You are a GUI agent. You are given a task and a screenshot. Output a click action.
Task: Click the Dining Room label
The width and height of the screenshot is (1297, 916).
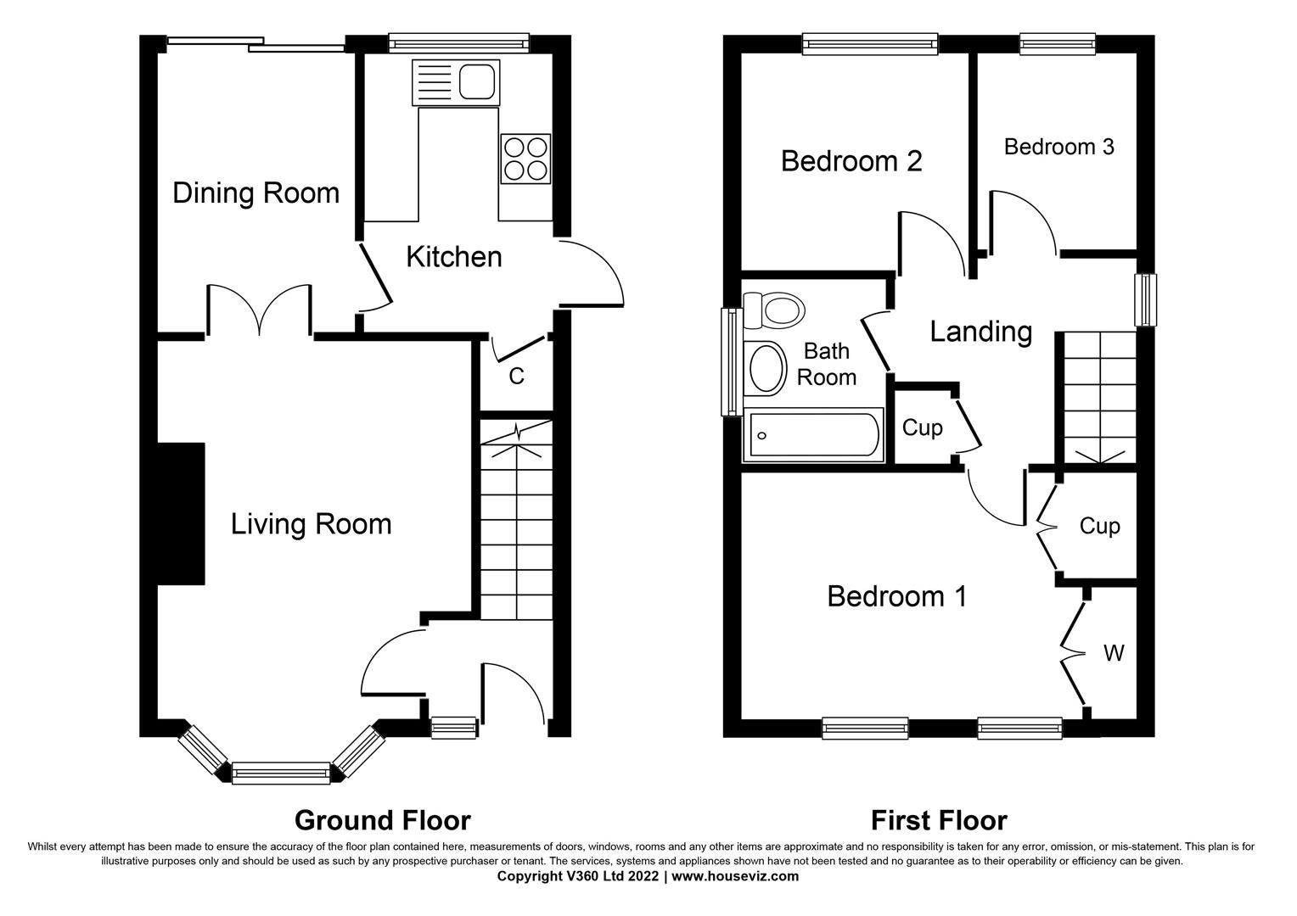[x=255, y=193]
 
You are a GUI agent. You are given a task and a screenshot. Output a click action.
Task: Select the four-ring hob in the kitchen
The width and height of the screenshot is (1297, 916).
[x=525, y=158]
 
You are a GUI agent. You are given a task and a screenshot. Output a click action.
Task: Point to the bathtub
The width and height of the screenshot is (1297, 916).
[x=813, y=437]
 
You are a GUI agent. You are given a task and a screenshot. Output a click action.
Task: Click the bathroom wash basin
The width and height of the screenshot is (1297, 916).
[x=767, y=369]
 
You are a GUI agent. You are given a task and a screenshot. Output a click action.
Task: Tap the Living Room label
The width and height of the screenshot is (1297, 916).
[x=311, y=524]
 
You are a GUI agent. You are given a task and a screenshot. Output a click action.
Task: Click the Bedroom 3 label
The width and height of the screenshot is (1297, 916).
[x=1058, y=147]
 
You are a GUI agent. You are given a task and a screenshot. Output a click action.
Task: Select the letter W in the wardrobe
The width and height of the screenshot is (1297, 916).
[x=1114, y=653]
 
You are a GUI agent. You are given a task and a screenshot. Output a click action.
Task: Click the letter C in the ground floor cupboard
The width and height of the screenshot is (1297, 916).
[x=516, y=376]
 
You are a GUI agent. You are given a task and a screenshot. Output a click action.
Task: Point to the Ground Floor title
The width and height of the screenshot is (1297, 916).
[x=382, y=820]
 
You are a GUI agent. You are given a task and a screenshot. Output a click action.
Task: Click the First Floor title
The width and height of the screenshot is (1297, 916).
[x=939, y=820]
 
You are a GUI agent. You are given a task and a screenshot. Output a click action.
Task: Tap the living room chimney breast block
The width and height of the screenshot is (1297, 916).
[x=181, y=514]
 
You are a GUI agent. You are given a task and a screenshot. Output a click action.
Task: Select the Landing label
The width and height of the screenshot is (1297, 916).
[x=980, y=331]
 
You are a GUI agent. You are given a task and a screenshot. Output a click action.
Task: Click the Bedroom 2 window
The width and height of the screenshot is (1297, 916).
[x=870, y=43]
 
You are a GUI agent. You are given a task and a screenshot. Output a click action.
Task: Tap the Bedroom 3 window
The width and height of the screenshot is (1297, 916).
[x=1058, y=43]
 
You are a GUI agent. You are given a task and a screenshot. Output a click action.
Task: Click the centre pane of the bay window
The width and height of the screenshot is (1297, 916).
[x=280, y=772]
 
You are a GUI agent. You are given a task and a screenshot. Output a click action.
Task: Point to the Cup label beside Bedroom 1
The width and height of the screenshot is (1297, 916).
[x=1099, y=527]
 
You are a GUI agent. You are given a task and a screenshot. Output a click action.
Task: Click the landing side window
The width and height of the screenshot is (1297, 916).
[x=1147, y=299]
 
